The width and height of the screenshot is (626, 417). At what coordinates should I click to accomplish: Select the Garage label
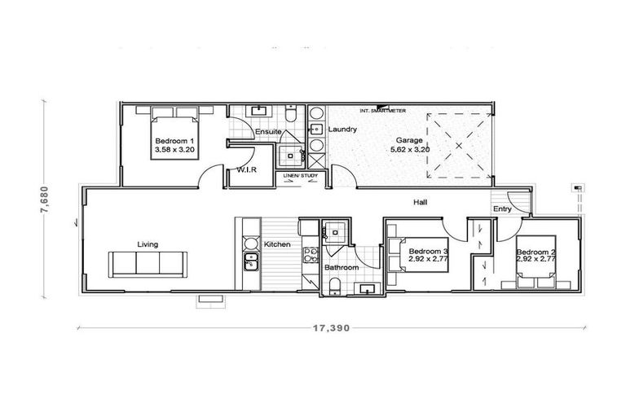point(409,139)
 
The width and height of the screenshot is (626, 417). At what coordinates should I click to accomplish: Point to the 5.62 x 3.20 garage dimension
point(409,149)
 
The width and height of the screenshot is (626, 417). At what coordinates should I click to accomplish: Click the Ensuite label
point(268,132)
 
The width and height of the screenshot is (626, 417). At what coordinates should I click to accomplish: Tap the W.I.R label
point(247,170)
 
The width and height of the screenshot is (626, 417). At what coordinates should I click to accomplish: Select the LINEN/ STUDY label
point(298,175)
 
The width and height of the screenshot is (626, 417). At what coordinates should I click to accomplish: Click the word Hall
point(421,203)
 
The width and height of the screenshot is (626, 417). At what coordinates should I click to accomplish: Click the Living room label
point(148,244)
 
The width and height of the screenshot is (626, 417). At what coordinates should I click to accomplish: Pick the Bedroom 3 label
point(428,252)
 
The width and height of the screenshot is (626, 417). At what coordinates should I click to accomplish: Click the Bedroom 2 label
point(536,252)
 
